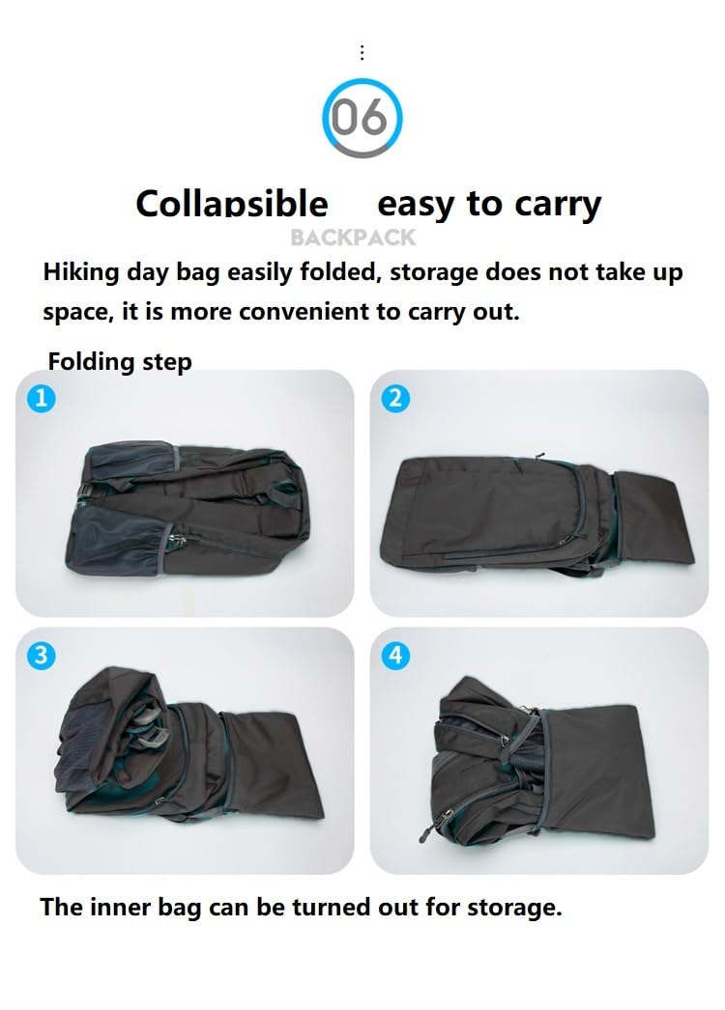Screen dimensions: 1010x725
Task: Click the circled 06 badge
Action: [x=362, y=120]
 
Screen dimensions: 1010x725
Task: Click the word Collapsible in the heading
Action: [x=232, y=204]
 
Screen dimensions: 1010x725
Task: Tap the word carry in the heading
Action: [x=557, y=204]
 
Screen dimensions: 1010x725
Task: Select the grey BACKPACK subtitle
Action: [x=353, y=237]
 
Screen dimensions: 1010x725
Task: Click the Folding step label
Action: [x=120, y=361]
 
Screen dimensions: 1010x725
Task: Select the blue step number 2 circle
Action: [x=395, y=398]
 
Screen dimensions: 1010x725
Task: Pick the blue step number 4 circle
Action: [x=395, y=656]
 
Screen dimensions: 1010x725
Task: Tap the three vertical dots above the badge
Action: [x=362, y=52]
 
